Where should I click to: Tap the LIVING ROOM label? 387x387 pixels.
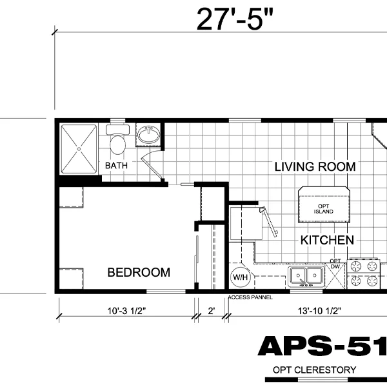315,166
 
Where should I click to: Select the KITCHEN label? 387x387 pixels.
327,241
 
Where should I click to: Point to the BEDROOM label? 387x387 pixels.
139,273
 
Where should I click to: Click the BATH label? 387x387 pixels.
116,166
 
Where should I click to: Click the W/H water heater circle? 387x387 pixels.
240,277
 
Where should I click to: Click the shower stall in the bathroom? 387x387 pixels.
78,149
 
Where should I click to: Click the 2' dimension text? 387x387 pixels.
210,311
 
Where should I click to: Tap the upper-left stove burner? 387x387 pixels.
355,265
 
